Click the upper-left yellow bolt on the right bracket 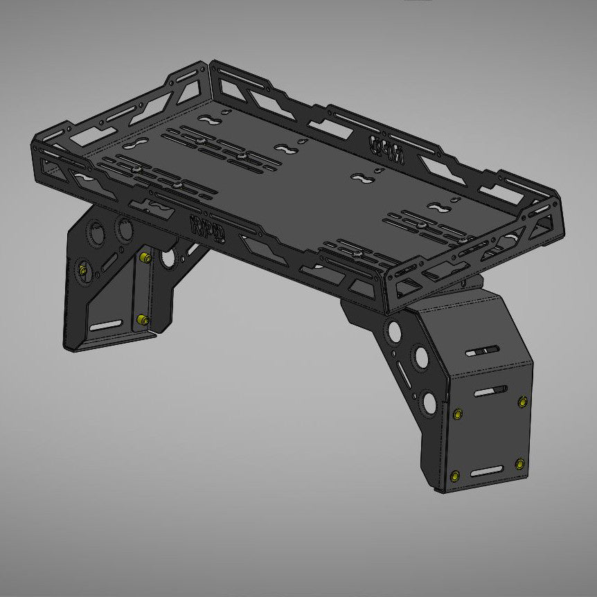[457, 413]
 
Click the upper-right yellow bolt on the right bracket [522, 402]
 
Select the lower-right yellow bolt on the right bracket [519, 463]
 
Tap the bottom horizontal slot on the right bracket [488, 472]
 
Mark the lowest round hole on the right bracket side [429, 401]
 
